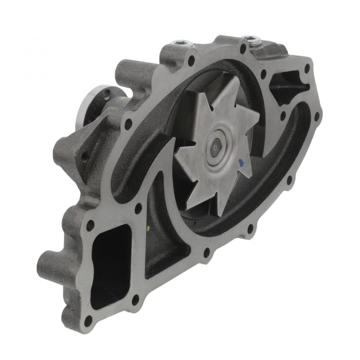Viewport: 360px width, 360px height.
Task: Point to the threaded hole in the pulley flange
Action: tap(107, 94)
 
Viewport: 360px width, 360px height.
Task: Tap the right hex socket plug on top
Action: tap(255, 41)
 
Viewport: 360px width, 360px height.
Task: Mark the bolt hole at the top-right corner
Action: tap(307, 68)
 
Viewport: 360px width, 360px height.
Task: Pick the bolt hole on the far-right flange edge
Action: tap(317, 116)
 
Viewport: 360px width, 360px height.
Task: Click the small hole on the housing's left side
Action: tap(84, 157)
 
